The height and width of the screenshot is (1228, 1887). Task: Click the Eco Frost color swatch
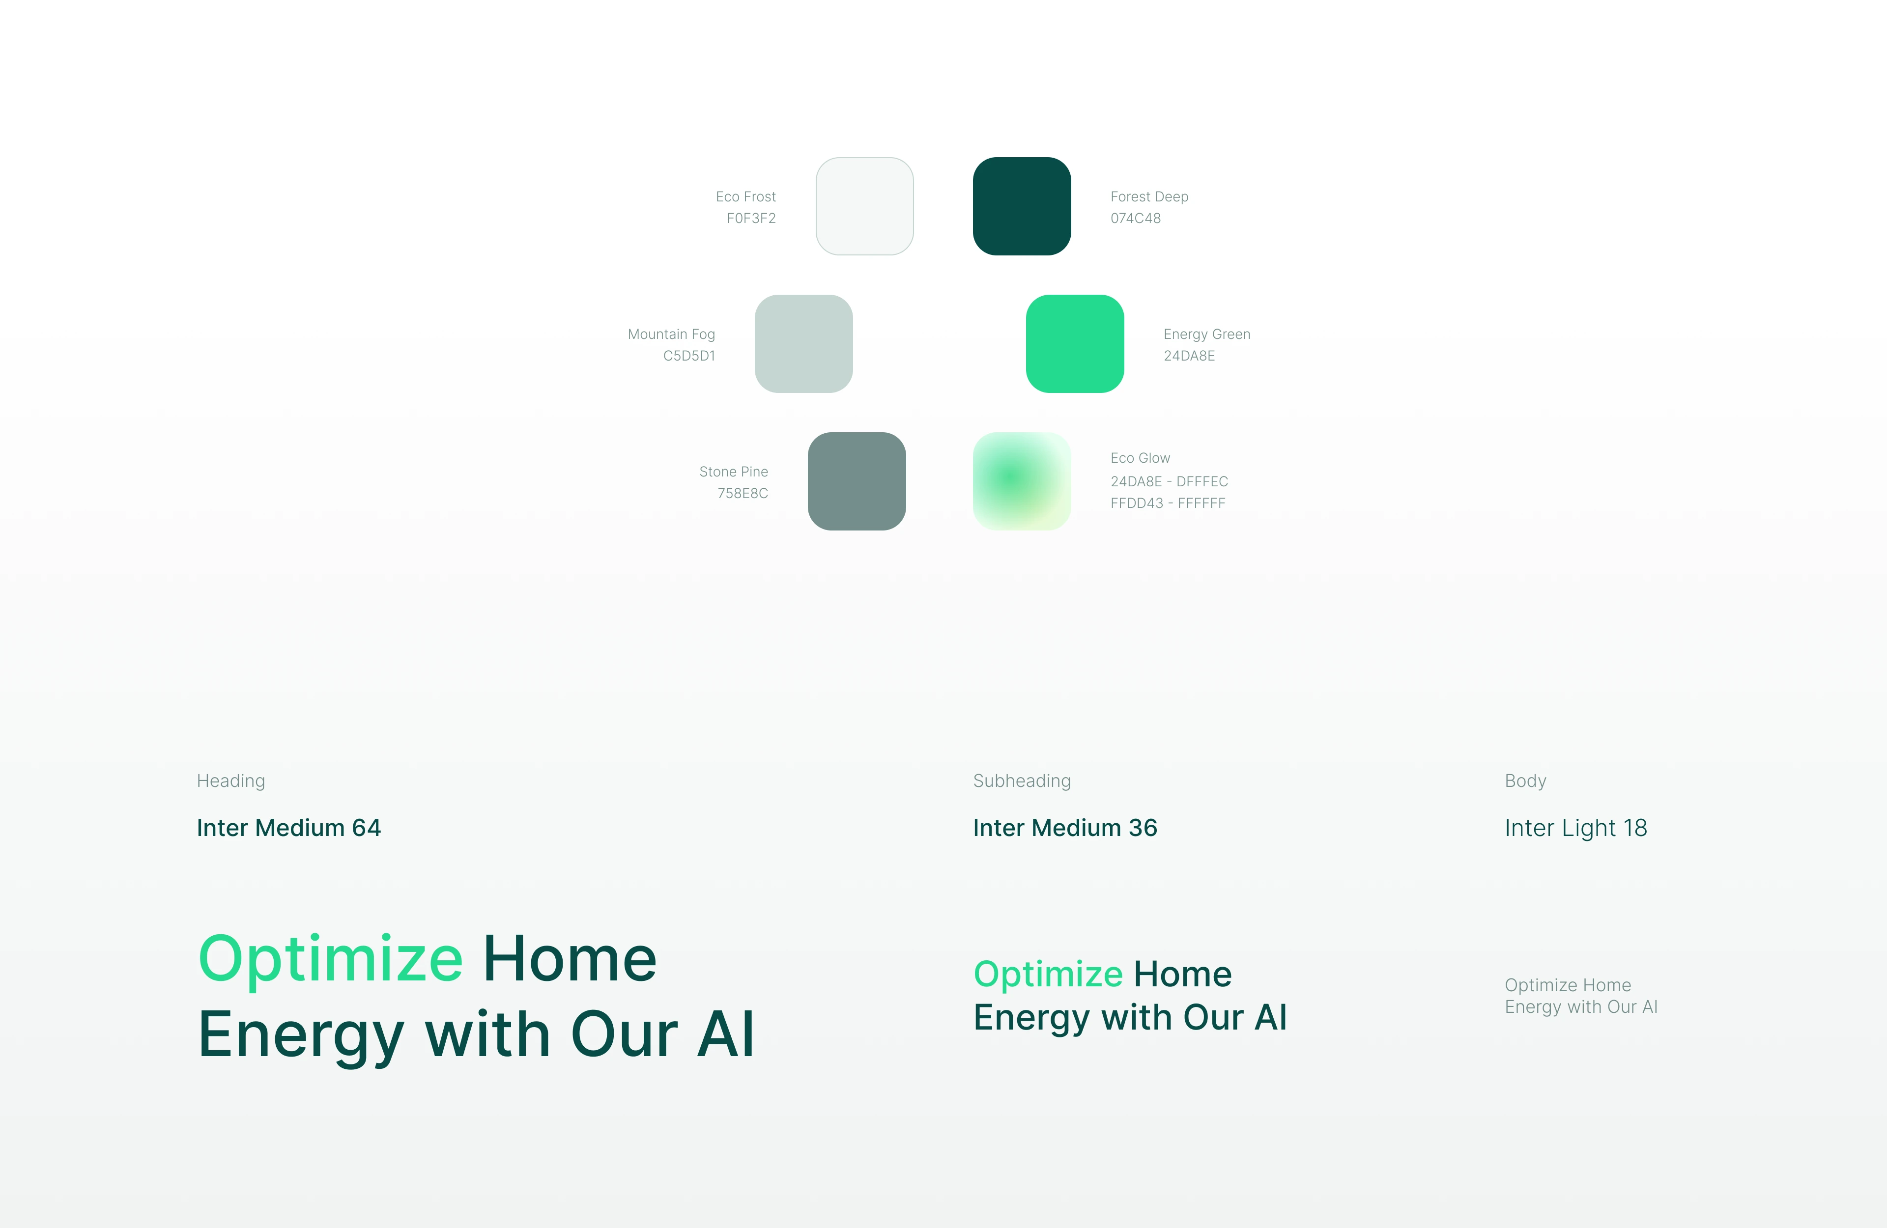[x=864, y=206]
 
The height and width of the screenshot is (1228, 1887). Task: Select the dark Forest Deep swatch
[x=1022, y=206]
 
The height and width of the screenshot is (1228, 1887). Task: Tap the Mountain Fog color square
[x=803, y=343]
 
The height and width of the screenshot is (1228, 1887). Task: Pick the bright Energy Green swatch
[x=1075, y=343]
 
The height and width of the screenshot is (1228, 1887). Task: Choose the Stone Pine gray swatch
[x=857, y=481]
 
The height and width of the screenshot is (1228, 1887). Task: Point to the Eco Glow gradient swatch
[x=1022, y=481]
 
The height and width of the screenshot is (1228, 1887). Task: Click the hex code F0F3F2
[x=751, y=218]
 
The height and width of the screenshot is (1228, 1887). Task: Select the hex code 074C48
[x=1135, y=218]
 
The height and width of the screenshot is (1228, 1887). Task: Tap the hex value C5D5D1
[x=689, y=356]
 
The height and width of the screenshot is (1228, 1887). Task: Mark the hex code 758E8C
[x=743, y=493]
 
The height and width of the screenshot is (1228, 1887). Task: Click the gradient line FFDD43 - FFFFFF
[x=1168, y=502]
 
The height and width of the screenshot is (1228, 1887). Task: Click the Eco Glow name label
[x=1140, y=458]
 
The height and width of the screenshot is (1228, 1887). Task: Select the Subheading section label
[x=1022, y=781]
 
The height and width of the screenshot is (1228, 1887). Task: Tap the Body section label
[x=1525, y=781]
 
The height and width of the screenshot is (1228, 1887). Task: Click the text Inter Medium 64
[x=288, y=828]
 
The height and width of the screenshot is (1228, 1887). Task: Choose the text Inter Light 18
[x=1576, y=828]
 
